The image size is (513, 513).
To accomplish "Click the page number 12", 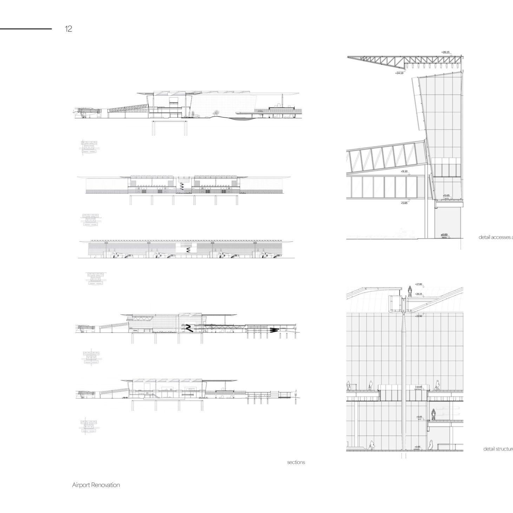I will click(68, 29).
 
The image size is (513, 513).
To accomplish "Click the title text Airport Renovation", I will click(96, 485).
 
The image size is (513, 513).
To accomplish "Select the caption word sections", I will click(296, 462).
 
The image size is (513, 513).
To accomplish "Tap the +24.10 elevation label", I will click(399, 73).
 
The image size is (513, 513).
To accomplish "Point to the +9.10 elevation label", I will click(404, 171).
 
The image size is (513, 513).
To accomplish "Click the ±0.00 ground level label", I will click(444, 235).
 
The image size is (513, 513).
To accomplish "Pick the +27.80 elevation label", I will click(419, 284).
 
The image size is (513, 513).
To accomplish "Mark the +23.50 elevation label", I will click(419, 316).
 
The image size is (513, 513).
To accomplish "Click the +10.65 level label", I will click(419, 387).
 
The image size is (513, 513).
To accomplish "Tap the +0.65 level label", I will click(417, 447).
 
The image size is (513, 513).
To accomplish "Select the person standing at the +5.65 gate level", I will click(434, 414).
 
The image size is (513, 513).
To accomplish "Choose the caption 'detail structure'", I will click(498, 449).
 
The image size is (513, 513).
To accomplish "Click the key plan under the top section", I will click(89, 147).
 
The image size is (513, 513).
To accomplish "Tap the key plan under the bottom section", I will click(89, 426).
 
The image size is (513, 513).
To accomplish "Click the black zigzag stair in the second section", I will click(182, 186).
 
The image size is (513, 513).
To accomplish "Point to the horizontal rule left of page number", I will click(26, 29).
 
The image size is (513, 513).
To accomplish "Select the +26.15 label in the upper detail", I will click(445, 52).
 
